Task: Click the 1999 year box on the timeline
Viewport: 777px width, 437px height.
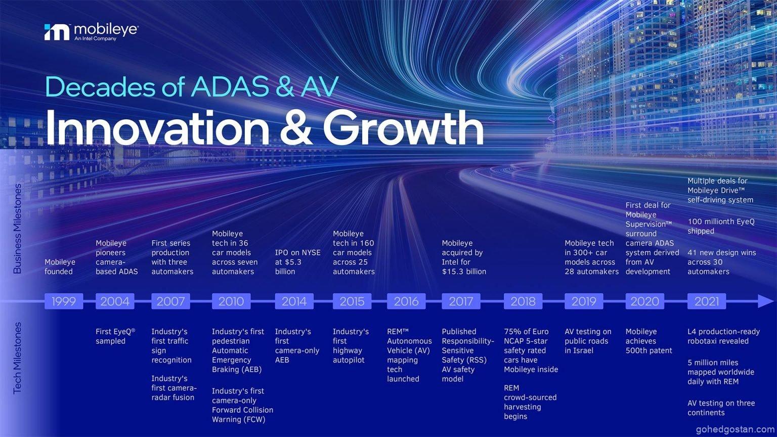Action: tap(64, 301)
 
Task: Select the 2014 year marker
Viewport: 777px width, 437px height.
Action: tap(294, 301)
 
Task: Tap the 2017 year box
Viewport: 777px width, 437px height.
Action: tap(461, 301)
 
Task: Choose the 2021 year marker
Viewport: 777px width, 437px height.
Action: tap(707, 301)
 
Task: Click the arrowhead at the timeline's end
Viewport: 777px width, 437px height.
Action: tap(765, 301)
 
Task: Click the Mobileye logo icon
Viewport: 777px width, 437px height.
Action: tap(57, 32)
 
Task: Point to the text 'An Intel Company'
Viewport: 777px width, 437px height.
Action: tap(95, 39)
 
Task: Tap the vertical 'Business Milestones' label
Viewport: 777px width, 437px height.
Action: tap(17, 229)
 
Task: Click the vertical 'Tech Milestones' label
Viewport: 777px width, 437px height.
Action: tap(17, 358)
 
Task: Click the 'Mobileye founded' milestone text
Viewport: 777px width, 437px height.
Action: tap(60, 267)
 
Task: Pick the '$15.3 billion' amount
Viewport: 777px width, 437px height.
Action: tap(464, 272)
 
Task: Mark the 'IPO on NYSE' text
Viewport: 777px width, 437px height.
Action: tap(297, 252)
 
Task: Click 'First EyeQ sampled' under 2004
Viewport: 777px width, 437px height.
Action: tap(115, 336)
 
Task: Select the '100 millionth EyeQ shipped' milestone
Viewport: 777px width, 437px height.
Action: tap(721, 226)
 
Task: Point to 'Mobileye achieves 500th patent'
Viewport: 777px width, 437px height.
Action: tap(649, 341)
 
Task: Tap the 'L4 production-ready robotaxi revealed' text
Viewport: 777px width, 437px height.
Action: tap(723, 336)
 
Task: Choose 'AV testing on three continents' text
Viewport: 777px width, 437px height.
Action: tap(721, 408)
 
